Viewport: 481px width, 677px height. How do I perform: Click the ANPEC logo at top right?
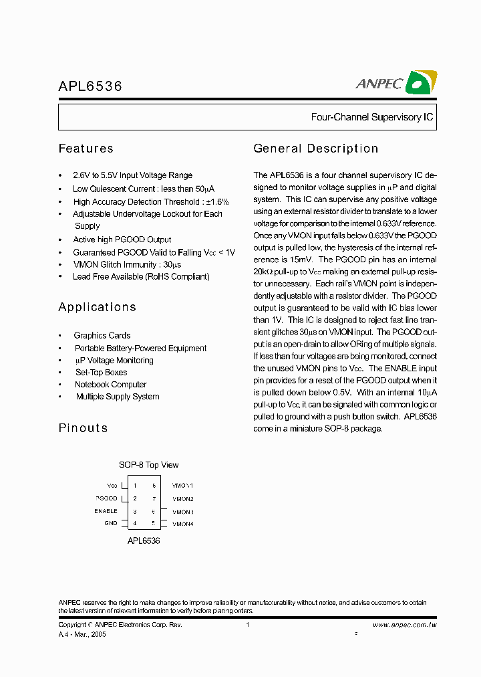(x=395, y=82)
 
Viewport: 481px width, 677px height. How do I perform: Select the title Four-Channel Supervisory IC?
(x=372, y=117)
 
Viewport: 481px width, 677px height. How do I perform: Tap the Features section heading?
(x=86, y=149)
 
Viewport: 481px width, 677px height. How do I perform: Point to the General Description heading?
(x=316, y=149)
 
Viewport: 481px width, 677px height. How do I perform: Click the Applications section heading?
(x=98, y=307)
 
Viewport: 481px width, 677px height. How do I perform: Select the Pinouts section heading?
(x=84, y=428)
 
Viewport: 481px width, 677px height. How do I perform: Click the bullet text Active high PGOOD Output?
(x=122, y=239)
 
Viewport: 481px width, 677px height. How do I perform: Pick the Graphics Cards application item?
(x=102, y=335)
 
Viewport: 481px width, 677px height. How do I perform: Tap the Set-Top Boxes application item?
(x=101, y=373)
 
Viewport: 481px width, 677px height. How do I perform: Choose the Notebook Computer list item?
(x=111, y=385)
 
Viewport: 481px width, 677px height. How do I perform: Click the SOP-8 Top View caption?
(x=149, y=465)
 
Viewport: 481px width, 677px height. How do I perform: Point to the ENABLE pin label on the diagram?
(x=106, y=511)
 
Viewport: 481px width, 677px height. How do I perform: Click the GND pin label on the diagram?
(x=111, y=523)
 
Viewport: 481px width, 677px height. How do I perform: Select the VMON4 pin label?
(x=183, y=524)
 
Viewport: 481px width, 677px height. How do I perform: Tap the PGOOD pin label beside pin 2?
(x=107, y=498)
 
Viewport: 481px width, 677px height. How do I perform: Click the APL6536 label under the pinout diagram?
(x=144, y=540)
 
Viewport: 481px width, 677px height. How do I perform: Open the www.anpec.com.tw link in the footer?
(x=404, y=625)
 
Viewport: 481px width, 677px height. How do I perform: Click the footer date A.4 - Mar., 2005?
(x=82, y=634)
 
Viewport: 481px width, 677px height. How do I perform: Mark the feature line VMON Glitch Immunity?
(x=127, y=264)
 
